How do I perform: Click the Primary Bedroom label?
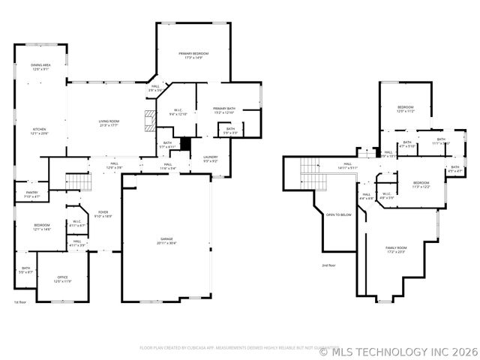point(193,55)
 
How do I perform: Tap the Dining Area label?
point(40,67)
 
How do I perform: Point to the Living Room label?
point(109,123)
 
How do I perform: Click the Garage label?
point(166,241)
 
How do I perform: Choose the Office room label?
point(62,279)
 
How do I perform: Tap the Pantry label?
point(31,194)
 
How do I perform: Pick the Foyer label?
point(102,214)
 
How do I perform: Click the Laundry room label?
point(210,158)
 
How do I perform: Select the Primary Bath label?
point(223,110)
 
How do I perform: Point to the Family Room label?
point(395,250)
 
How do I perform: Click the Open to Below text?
point(338,215)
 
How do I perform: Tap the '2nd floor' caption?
point(328,265)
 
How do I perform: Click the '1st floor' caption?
point(19,302)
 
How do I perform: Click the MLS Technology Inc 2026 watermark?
point(398,351)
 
